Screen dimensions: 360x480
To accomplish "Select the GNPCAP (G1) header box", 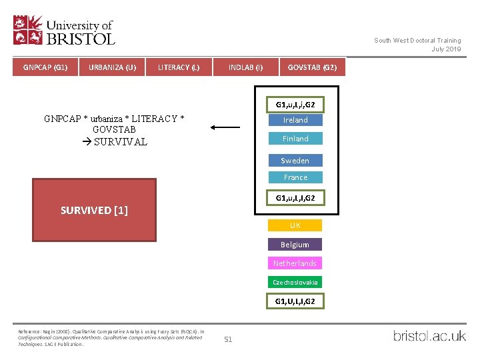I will click(x=45, y=67).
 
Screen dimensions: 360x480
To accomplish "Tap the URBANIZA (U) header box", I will click(x=112, y=67).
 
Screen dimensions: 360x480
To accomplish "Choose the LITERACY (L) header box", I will click(x=178, y=67).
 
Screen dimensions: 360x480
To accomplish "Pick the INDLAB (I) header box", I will click(x=245, y=67).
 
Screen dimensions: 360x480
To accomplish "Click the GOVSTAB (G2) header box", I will click(x=312, y=67).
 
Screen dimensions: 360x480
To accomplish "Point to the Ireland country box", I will click(x=295, y=120).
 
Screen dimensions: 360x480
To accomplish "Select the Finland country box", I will click(x=295, y=139).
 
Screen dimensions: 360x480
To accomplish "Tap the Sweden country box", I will click(x=295, y=161).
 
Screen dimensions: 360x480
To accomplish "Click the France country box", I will click(x=295, y=177).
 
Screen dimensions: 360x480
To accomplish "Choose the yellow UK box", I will click(x=295, y=225).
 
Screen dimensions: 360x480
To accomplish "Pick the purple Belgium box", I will click(x=295, y=245).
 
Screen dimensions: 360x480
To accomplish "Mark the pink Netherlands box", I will click(x=295, y=263).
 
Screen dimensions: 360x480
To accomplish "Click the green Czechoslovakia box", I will click(x=295, y=282).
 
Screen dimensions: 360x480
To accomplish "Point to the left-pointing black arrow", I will click(x=225, y=127).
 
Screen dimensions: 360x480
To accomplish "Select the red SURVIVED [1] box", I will click(x=94, y=210).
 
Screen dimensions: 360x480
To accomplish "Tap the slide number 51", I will click(x=228, y=339).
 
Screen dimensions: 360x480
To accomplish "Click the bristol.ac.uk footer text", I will click(x=429, y=336).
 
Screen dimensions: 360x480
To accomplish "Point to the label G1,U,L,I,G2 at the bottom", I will click(x=295, y=301).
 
